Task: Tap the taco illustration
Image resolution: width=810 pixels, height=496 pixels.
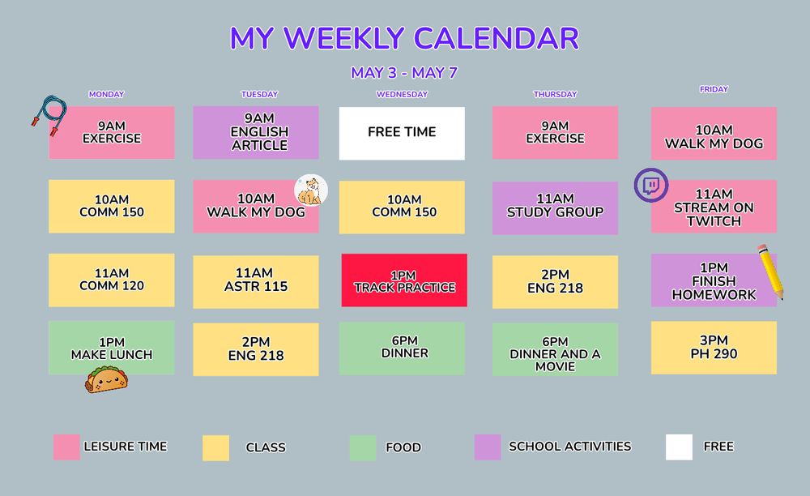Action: (x=107, y=380)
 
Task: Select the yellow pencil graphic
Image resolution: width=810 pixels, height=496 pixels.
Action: (x=769, y=272)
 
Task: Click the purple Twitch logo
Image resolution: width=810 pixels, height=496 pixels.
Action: (x=650, y=185)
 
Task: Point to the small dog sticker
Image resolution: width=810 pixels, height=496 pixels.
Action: (x=310, y=191)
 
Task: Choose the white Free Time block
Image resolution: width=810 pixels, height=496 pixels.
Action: (x=402, y=133)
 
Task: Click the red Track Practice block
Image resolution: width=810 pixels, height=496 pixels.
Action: (x=404, y=280)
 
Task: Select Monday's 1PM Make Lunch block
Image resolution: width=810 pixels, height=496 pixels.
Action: (x=111, y=348)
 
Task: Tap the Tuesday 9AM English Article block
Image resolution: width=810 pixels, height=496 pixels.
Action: (x=256, y=132)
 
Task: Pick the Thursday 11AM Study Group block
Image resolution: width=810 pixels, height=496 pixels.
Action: (x=555, y=207)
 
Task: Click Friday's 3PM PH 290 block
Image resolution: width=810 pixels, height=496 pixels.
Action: (x=714, y=347)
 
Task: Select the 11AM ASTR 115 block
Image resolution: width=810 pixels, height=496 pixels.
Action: (x=255, y=280)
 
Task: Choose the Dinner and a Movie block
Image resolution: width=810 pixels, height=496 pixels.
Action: (x=555, y=349)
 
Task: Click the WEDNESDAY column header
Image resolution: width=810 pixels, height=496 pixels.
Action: (x=402, y=94)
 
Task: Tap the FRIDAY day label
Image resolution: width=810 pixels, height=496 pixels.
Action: (x=714, y=89)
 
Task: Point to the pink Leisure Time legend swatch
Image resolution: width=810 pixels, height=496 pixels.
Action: (x=66, y=447)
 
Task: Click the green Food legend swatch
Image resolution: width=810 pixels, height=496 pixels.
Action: (x=362, y=447)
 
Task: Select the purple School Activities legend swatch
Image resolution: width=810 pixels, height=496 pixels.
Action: (x=488, y=447)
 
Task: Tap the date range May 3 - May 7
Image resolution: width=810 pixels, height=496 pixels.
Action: (x=404, y=72)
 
